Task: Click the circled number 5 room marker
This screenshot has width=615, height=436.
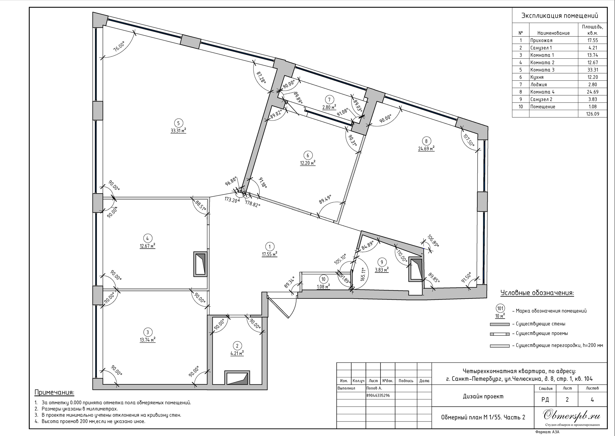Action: coord(178,123)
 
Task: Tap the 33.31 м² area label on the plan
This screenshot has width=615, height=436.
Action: coord(178,131)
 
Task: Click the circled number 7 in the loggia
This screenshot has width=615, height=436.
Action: coord(329,100)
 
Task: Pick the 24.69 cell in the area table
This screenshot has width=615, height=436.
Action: coord(592,92)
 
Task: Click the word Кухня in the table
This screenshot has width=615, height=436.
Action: coord(537,77)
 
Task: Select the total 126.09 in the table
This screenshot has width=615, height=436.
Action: coord(592,114)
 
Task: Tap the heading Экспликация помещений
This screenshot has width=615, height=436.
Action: coord(560,16)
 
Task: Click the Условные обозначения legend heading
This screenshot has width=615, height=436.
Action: coord(537,293)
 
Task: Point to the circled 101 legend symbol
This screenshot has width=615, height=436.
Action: coord(500,309)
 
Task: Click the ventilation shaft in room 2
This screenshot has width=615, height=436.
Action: coord(237,378)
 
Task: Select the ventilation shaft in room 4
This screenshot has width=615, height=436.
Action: coord(200,264)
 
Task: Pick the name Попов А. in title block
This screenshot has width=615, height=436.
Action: coord(374,388)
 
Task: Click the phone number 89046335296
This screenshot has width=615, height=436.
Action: coord(378,395)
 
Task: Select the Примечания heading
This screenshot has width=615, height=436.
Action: coord(55,393)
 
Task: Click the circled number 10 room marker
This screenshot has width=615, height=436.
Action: coord(323,279)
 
